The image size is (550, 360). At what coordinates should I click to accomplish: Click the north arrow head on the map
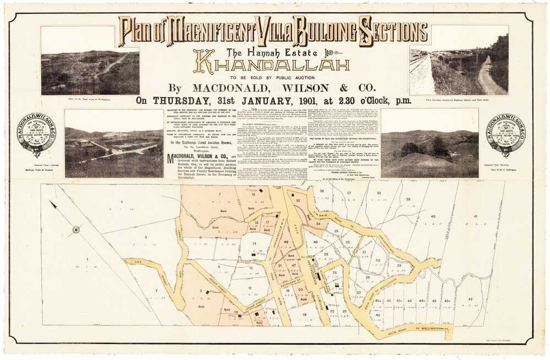[53, 205]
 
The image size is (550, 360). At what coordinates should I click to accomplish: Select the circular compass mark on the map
[76, 229]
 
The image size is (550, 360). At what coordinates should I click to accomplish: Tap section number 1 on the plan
[87, 258]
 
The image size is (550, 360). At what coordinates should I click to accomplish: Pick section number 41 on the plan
[474, 217]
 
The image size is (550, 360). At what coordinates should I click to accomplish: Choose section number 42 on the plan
[470, 299]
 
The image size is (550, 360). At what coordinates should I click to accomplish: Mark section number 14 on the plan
[254, 242]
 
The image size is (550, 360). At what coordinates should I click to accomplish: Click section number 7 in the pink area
[219, 194]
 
